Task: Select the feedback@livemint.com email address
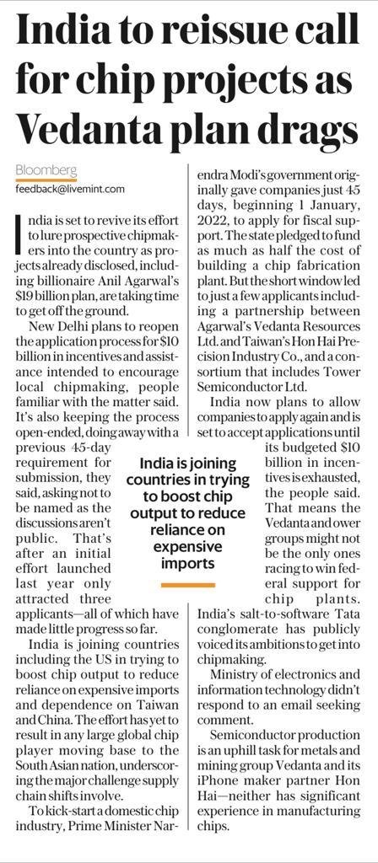[69, 189]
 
